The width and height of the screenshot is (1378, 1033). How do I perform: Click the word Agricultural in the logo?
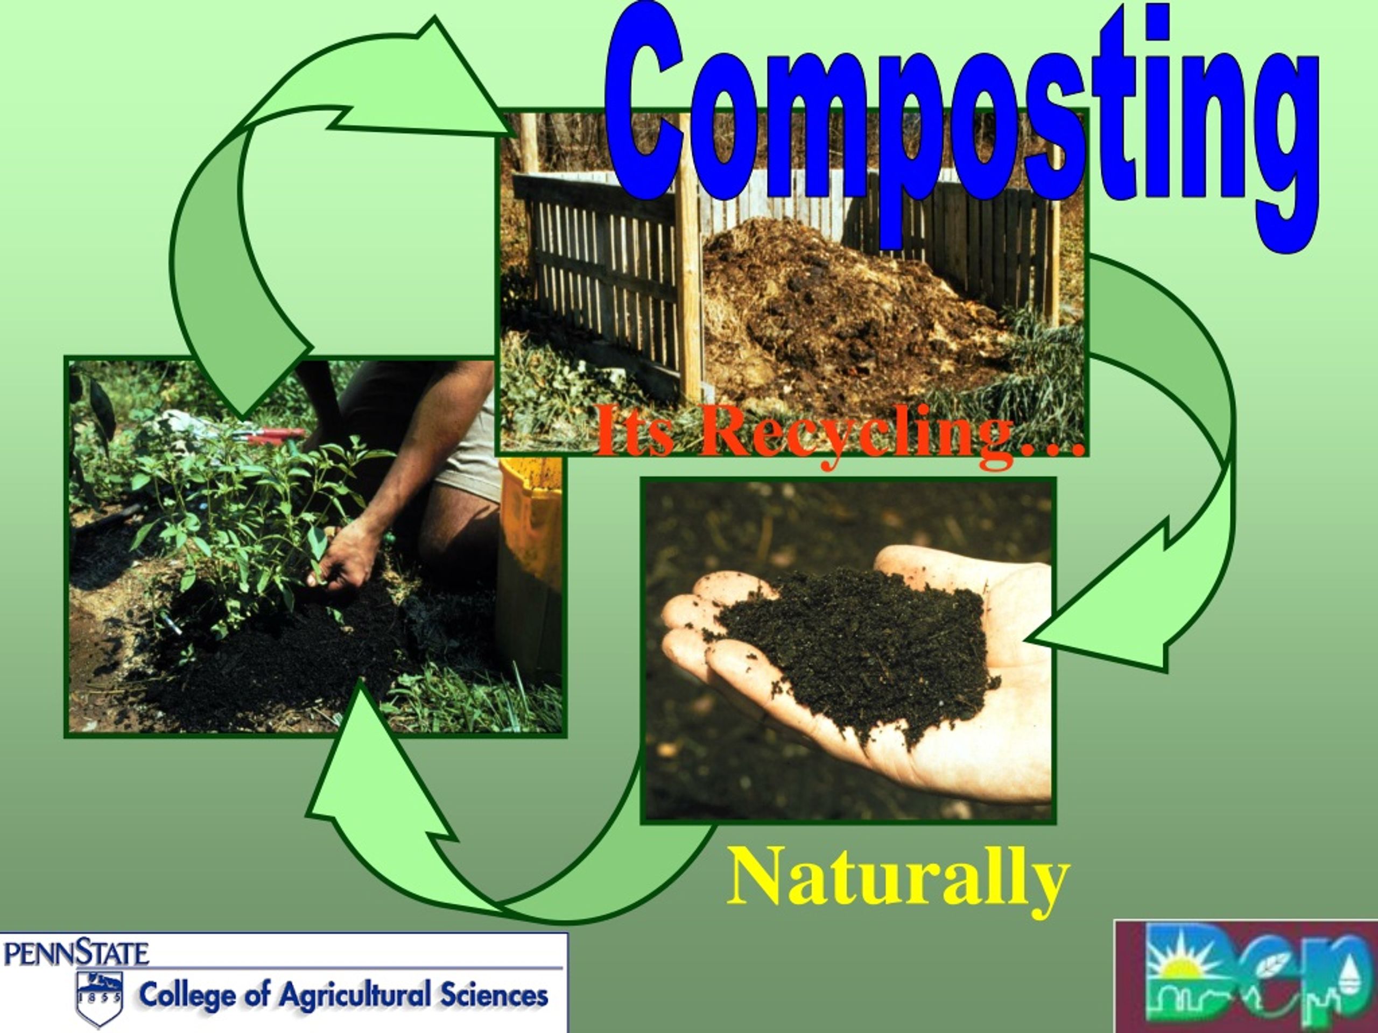(x=355, y=995)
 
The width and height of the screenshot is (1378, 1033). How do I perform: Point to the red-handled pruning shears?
(x=274, y=435)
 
